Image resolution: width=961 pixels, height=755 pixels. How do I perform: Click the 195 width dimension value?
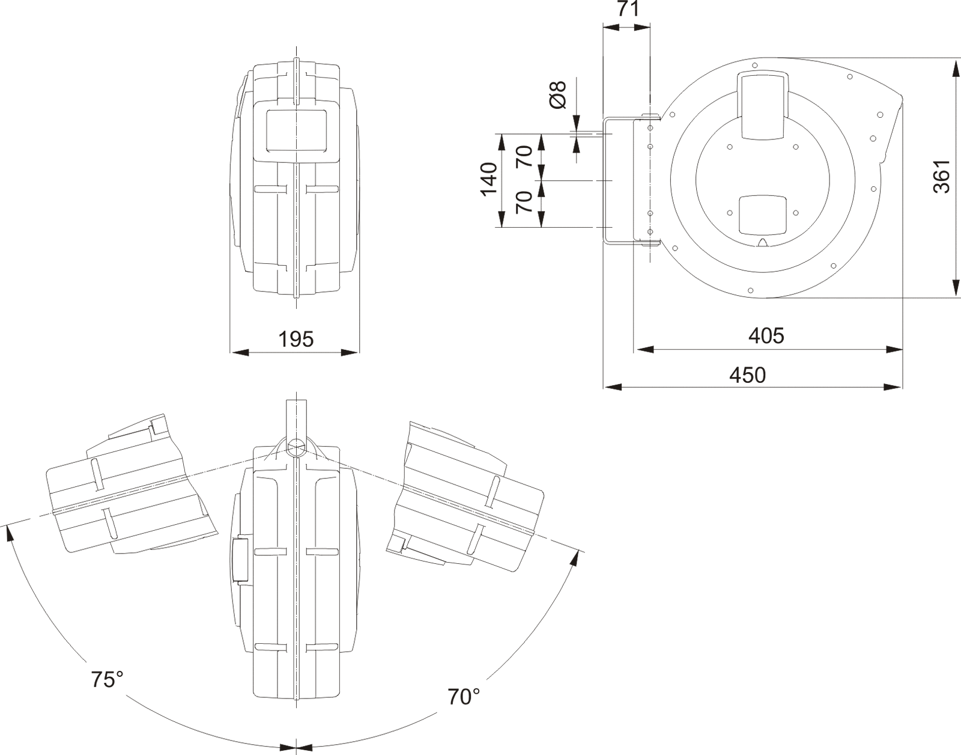click(x=296, y=340)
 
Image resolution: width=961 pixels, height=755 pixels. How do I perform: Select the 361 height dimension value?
click(x=942, y=176)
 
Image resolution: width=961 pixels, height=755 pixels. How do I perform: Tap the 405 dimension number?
click(x=766, y=335)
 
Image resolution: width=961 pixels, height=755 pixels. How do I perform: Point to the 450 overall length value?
click(x=747, y=375)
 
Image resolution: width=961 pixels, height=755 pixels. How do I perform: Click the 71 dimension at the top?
click(x=627, y=10)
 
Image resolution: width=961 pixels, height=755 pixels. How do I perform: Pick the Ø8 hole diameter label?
click(x=558, y=94)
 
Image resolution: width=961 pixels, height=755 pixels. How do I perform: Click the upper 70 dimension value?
click(x=524, y=157)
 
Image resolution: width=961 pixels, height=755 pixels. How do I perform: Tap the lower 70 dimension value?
click(x=524, y=203)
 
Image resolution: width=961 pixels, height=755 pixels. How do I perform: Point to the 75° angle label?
click(x=107, y=679)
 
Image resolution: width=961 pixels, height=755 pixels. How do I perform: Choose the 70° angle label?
click(x=464, y=696)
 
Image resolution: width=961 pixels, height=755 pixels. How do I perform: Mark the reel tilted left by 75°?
click(x=129, y=487)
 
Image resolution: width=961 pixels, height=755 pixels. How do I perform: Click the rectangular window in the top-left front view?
click(x=297, y=130)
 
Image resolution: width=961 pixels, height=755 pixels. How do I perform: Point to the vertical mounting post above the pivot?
click(x=296, y=418)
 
